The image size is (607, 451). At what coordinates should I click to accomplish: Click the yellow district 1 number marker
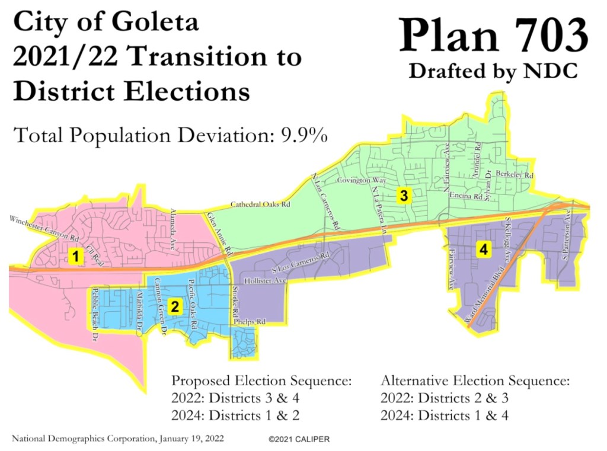point(75,256)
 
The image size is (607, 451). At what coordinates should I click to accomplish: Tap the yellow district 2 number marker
point(174,306)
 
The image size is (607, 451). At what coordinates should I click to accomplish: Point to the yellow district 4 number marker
point(484,250)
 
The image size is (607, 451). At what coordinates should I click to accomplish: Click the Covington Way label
point(362,180)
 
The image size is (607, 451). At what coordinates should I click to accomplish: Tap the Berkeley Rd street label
point(515,176)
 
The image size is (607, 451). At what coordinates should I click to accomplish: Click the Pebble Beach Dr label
point(95,314)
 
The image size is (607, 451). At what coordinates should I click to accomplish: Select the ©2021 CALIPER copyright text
point(299,439)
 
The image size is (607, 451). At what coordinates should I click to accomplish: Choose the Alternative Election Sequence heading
point(475,380)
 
